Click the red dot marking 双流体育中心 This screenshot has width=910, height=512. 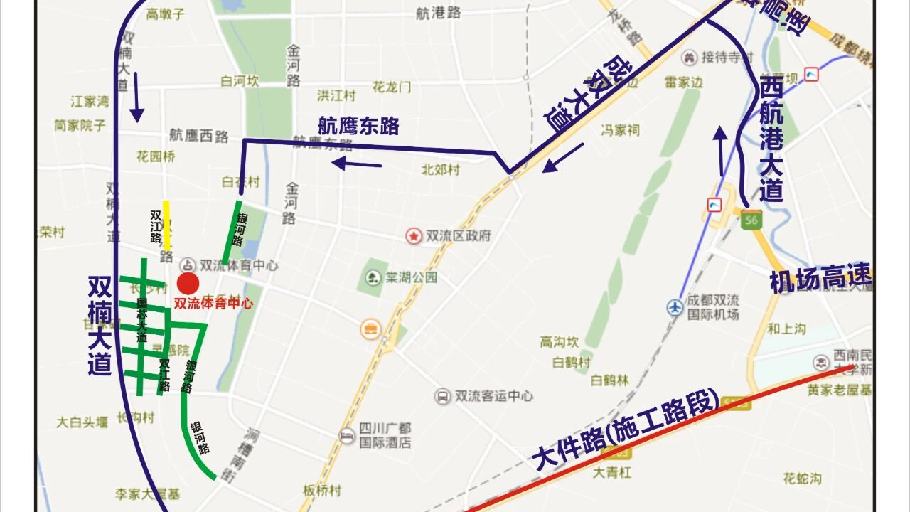click(x=188, y=283)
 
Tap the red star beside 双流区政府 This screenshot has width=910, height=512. click(x=413, y=235)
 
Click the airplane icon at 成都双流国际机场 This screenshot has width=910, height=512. click(x=675, y=307)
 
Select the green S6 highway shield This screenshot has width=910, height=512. click(x=749, y=220)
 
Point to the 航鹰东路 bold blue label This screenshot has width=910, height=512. click(x=358, y=126)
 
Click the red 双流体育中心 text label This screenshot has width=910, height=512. click(x=213, y=302)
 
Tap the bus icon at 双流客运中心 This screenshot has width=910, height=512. click(x=443, y=396)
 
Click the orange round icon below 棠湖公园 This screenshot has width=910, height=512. click(x=370, y=328)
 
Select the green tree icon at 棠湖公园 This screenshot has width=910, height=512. click(x=372, y=277)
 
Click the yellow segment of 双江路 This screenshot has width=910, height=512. click(x=166, y=222)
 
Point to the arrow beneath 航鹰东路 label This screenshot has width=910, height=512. click(x=357, y=165)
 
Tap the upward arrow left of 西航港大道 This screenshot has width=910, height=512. click(x=721, y=149)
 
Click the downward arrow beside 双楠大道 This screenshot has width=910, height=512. click(x=136, y=105)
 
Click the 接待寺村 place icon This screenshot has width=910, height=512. click(x=689, y=57)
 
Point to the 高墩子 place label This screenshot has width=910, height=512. click(x=165, y=14)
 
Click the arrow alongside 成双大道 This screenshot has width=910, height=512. click(x=562, y=158)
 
